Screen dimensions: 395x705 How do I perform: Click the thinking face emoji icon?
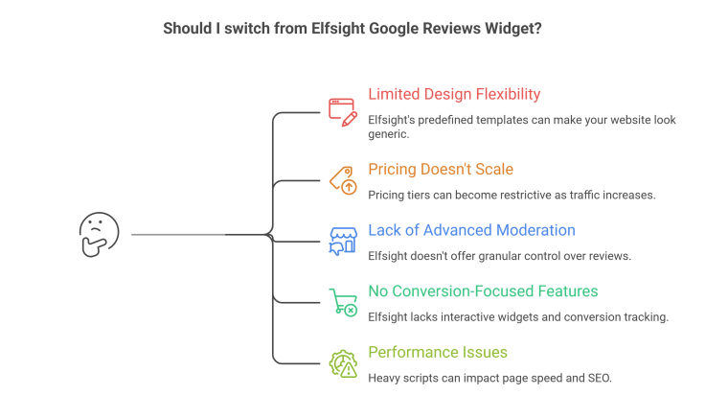tap(96, 233)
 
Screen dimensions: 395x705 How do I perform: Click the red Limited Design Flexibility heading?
tap(454, 94)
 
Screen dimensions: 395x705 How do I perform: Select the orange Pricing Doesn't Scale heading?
tap(441, 169)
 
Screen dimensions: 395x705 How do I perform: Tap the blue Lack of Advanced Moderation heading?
tap(471, 230)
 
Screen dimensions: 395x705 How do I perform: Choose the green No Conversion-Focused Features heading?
tap(483, 291)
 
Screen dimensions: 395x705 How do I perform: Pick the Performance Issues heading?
tap(438, 352)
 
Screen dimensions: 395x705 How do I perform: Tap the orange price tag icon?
tap(342, 178)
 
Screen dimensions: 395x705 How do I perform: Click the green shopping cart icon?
tap(342, 301)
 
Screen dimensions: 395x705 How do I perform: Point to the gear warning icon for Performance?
tap(342, 362)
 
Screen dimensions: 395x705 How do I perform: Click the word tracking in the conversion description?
tap(645, 316)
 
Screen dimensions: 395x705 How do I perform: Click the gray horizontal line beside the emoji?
tap(177, 233)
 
